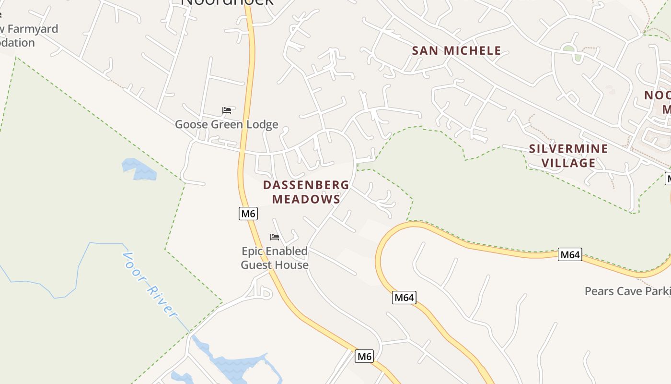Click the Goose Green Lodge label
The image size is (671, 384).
[226, 124]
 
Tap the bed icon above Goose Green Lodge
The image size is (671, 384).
[227, 111]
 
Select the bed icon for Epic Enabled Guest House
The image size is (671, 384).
[275, 237]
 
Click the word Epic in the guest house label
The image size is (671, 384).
[251, 251]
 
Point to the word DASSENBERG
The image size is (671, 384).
[306, 185]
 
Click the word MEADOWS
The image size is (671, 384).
[306, 199]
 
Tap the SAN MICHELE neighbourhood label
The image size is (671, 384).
[457, 50]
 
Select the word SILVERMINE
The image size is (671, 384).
[568, 149]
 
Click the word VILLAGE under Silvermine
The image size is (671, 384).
[568, 163]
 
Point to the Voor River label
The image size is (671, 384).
[149, 284]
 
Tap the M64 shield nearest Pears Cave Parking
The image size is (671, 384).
[570, 254]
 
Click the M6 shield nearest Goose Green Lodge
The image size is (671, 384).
[248, 214]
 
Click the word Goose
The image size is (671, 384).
[191, 124]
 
